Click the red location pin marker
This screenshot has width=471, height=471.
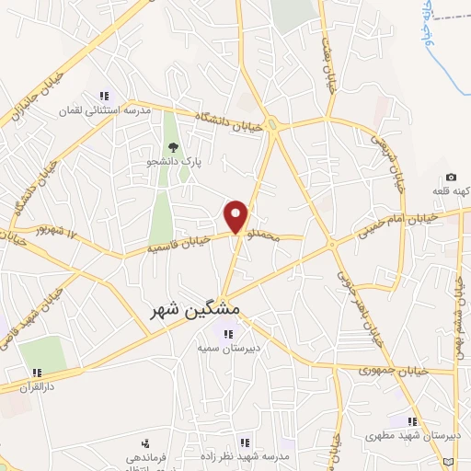pos(236,215)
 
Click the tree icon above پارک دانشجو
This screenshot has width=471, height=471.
pos(172,146)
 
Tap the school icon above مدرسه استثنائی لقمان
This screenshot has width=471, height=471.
pos(104,96)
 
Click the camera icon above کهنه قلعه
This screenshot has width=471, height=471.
pos(451,177)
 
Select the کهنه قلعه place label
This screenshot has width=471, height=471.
pos(449,191)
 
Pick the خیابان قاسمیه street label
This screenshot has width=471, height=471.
pos(180,244)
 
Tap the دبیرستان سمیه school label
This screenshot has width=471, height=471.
pos(224,350)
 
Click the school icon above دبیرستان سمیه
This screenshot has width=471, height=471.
pos(224,333)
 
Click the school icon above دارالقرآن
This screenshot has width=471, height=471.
pos(37,373)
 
